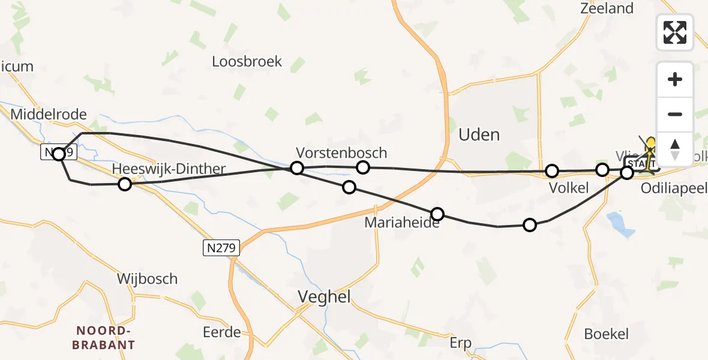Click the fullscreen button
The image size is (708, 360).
click(x=675, y=32)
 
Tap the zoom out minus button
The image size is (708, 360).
click(x=675, y=114)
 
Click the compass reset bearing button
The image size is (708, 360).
click(x=675, y=148)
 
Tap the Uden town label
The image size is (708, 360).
click(x=479, y=134)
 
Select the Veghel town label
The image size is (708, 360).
click(x=325, y=296)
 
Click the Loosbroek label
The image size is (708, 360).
click(x=247, y=62)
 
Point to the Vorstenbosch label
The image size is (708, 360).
click(x=341, y=153)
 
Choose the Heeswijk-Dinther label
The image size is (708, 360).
click(x=170, y=169)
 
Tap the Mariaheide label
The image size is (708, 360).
click(x=402, y=223)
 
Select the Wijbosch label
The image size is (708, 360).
click(x=148, y=278)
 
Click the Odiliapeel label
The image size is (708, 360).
click(x=674, y=187)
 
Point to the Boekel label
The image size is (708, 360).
click(x=607, y=334)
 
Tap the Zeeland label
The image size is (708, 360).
click(x=607, y=8)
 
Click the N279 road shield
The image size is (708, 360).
click(x=221, y=247)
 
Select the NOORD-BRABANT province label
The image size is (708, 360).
click(x=104, y=338)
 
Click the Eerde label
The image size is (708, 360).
click(x=221, y=332)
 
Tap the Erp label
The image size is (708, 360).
click(x=461, y=343)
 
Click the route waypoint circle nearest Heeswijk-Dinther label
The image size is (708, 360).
click(x=124, y=184)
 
